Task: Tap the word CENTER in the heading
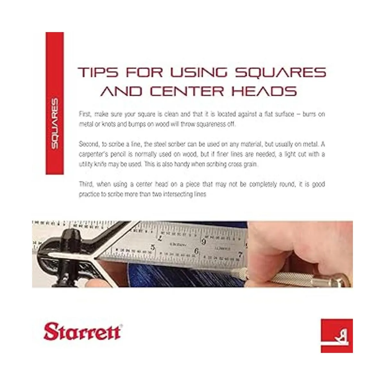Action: coord(187,91)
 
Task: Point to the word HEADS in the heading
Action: coord(264,91)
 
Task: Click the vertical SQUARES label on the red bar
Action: coord(55,124)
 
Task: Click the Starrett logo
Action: coord(83,332)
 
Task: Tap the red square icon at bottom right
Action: coord(337,336)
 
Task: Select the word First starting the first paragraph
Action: coord(85,114)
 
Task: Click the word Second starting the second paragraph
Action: coord(89,144)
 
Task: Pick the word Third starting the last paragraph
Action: coord(86,184)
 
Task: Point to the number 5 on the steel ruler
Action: coord(153,247)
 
